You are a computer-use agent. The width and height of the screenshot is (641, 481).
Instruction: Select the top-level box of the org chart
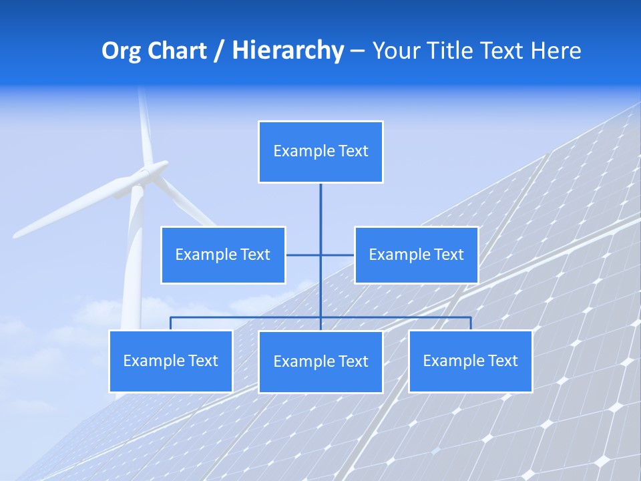tap(320, 152)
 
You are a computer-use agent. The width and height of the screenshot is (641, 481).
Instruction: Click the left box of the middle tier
tap(223, 255)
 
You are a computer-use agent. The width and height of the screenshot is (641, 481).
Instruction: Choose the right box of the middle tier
tap(416, 255)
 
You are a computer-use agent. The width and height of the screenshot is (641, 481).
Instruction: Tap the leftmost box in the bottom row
tap(170, 361)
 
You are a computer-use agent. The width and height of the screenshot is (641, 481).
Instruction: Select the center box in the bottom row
tap(320, 362)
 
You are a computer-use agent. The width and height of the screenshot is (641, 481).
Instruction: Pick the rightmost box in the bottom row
tap(470, 361)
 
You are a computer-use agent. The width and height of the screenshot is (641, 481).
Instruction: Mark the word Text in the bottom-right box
tap(502, 361)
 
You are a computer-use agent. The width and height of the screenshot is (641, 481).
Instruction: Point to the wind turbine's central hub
tap(142, 175)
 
